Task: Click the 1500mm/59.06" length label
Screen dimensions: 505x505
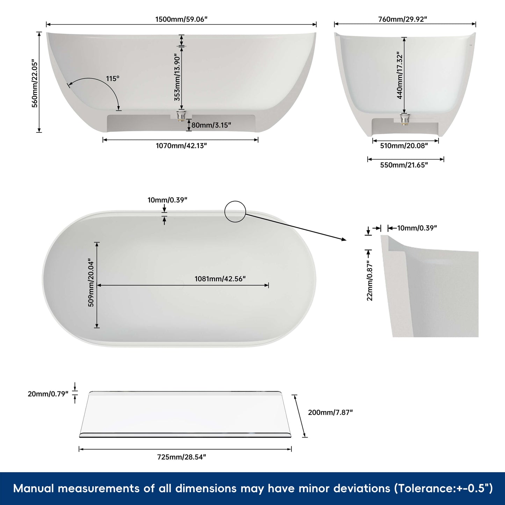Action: click(x=181, y=19)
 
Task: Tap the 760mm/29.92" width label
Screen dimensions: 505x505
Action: click(x=403, y=19)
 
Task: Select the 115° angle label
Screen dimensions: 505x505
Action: click(x=113, y=79)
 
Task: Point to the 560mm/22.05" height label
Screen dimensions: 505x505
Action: click(x=35, y=83)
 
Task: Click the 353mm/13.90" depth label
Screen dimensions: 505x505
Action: click(x=178, y=77)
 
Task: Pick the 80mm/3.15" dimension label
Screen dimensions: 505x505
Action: click(x=211, y=125)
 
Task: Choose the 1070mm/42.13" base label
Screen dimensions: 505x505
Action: click(x=181, y=146)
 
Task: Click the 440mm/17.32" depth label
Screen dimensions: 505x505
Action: click(x=400, y=75)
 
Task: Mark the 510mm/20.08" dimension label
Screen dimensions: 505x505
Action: click(x=404, y=146)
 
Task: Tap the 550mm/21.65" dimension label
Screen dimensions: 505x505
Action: click(x=404, y=165)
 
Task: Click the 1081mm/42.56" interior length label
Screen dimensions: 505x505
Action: click(x=220, y=279)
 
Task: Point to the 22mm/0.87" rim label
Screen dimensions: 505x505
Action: click(x=370, y=281)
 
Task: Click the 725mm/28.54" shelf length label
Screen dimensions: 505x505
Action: click(x=181, y=457)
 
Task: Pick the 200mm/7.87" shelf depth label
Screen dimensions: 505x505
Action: click(x=330, y=412)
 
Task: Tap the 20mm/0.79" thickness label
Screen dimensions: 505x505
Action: click(x=48, y=394)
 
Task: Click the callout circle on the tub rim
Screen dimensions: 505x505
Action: click(x=235, y=211)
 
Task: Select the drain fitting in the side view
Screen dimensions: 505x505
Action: click(x=181, y=116)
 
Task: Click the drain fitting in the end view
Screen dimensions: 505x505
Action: click(x=405, y=119)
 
